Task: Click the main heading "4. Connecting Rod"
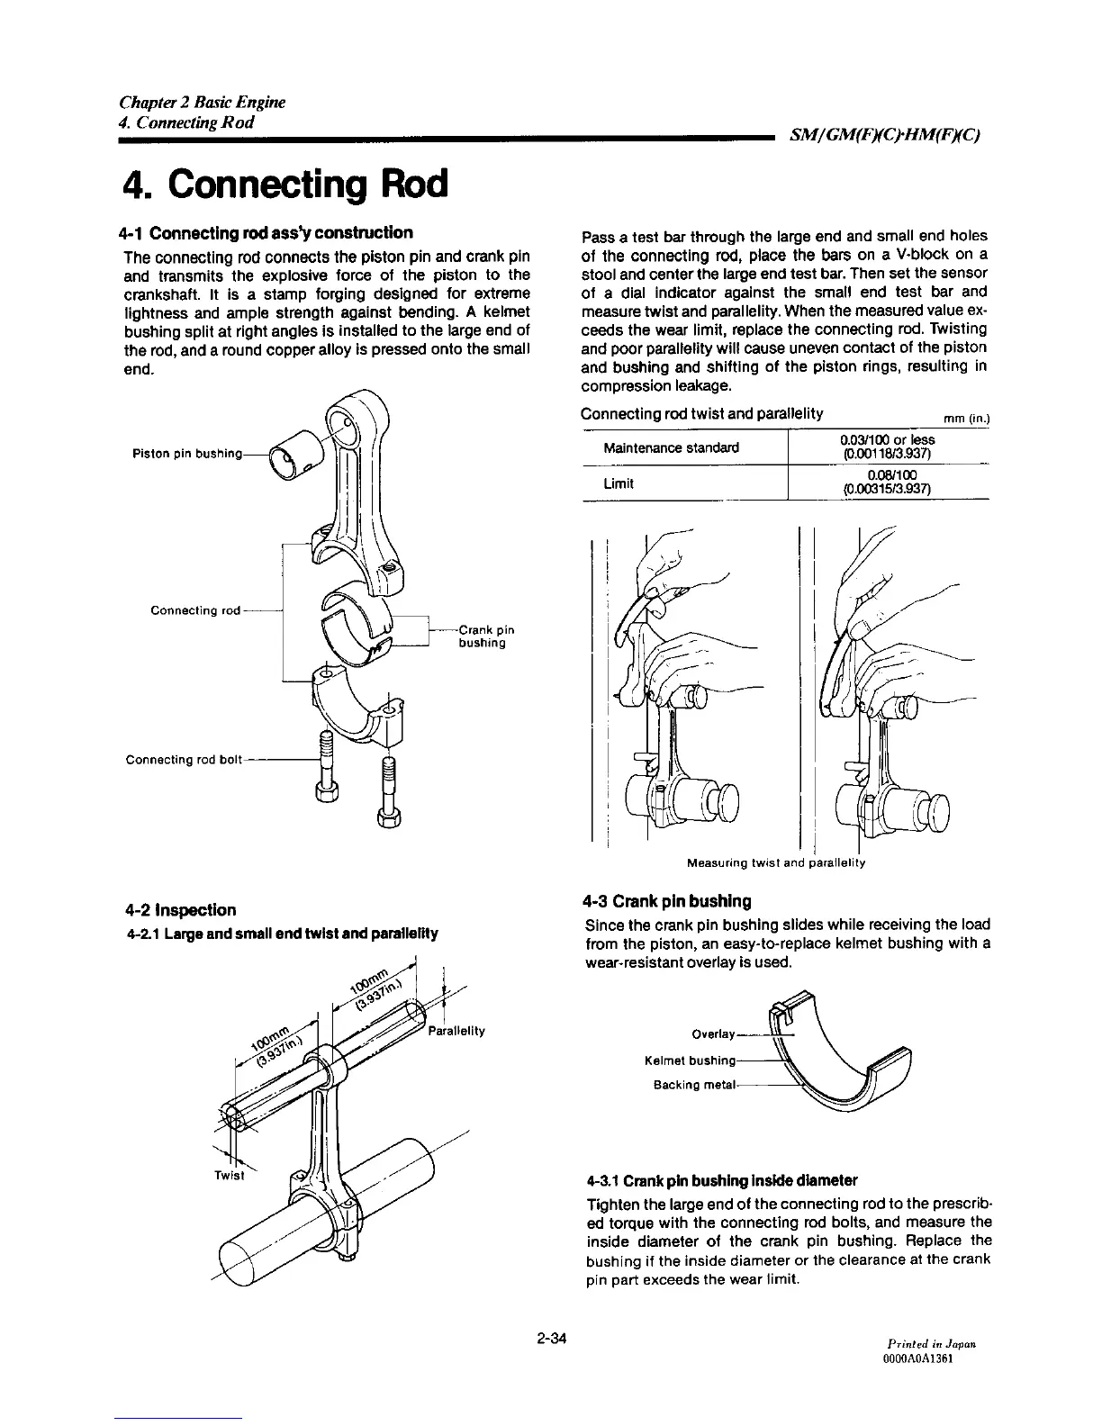tap(283, 184)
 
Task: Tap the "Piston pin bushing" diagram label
tap(184, 454)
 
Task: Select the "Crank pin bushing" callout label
tap(483, 636)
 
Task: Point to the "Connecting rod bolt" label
tap(185, 760)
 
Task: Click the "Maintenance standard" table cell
tap(672, 447)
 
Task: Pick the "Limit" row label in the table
tap(619, 483)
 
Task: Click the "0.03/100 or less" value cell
tap(887, 446)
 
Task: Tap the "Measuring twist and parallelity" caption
tap(775, 863)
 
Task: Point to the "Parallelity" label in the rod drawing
tap(456, 1031)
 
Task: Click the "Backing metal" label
tap(696, 1084)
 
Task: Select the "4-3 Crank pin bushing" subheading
tap(666, 901)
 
